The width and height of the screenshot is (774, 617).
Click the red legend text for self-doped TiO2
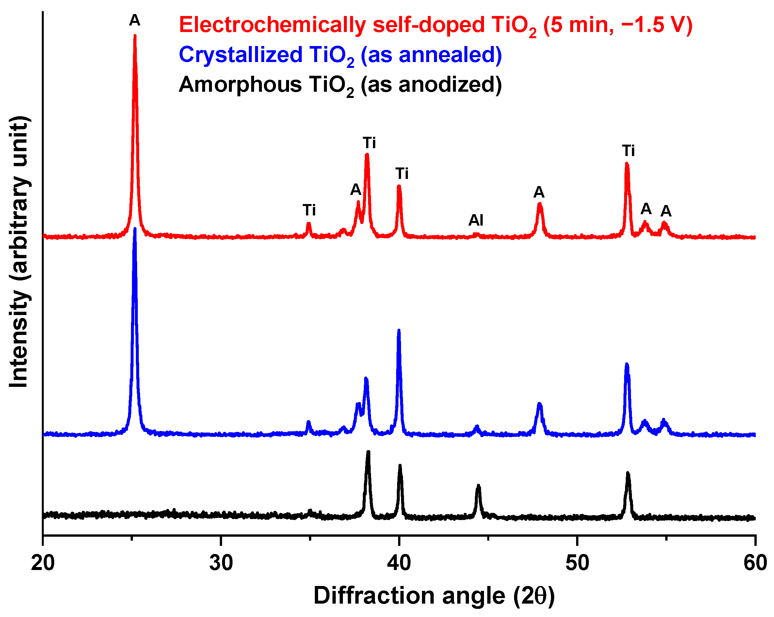[435, 26]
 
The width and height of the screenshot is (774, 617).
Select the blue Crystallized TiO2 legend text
[340, 55]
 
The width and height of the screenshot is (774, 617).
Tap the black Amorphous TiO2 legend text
[340, 86]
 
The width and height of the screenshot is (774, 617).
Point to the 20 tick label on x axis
[43, 563]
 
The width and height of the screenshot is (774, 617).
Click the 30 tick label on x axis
[221, 563]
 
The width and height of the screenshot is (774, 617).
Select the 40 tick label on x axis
[399, 563]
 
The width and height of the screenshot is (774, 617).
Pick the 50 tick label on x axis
[577, 563]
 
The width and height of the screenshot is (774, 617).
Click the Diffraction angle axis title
[434, 596]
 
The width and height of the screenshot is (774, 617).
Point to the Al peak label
[476, 220]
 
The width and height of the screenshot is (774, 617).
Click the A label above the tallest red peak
[135, 21]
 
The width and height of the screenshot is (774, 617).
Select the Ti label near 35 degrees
[309, 210]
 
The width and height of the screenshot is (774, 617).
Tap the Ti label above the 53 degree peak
[628, 151]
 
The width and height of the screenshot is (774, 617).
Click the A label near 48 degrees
[539, 193]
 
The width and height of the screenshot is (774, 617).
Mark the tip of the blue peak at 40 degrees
[399, 331]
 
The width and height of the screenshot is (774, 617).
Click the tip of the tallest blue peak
[135, 229]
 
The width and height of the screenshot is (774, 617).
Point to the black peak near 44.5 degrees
[478, 486]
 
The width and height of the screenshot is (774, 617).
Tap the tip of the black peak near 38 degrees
[368, 452]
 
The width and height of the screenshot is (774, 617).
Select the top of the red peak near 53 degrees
[627, 164]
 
